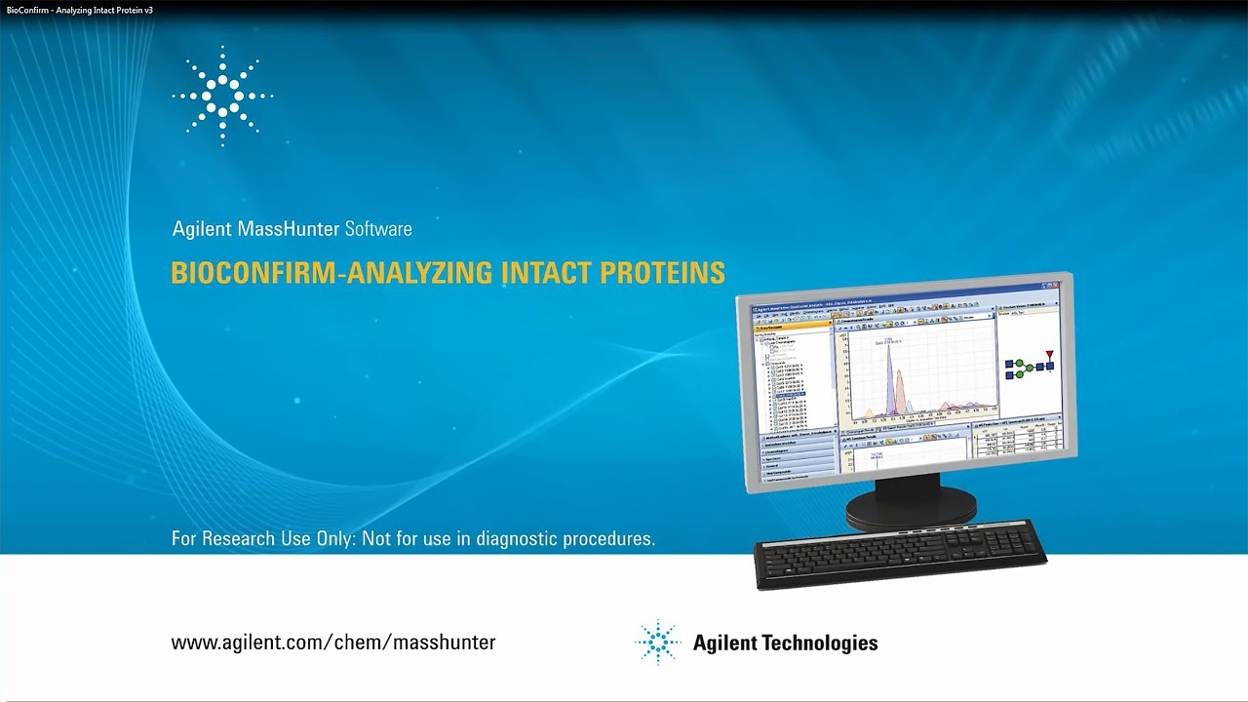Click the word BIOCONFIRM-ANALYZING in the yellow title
(332, 273)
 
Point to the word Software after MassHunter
(378, 229)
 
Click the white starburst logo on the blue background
(222, 96)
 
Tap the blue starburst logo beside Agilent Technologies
(658, 643)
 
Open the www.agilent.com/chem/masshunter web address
(333, 643)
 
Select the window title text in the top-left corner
(79, 9)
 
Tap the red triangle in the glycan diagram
(1049, 354)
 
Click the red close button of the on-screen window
(1053, 287)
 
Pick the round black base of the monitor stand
(911, 506)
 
